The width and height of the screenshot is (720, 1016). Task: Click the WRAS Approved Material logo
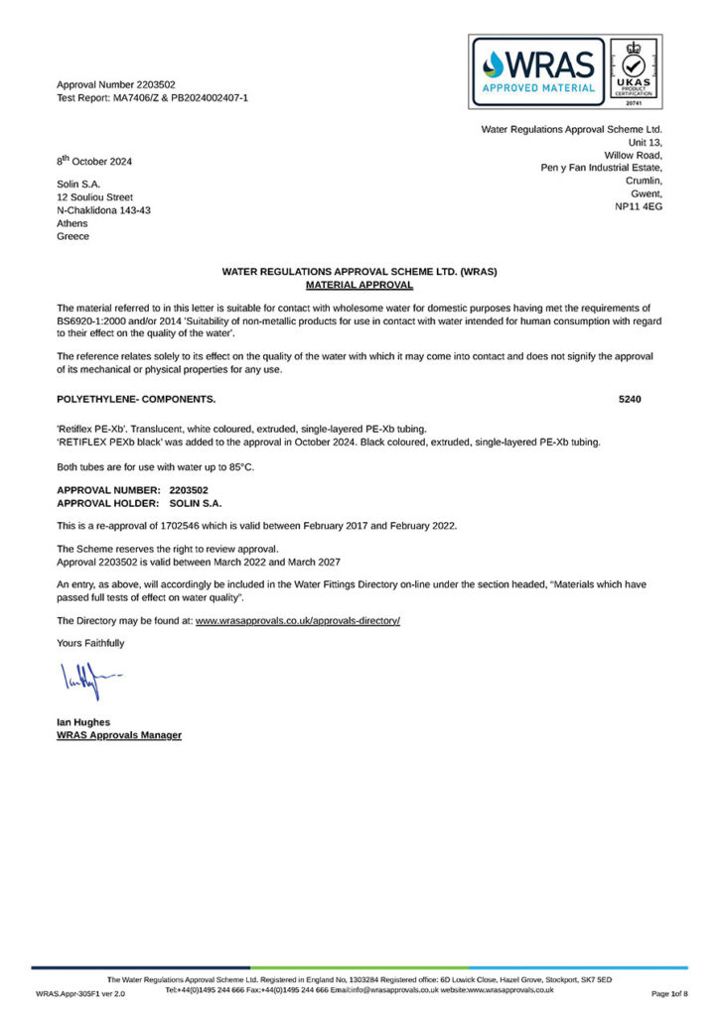point(537,71)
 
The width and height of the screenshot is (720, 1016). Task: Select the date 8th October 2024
point(94,161)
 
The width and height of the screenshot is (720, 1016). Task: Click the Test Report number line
point(152,98)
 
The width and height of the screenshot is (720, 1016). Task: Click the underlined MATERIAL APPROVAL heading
point(360,284)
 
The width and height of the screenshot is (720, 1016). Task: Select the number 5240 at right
point(630,399)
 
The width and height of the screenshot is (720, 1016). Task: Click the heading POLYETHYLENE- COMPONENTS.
point(136,399)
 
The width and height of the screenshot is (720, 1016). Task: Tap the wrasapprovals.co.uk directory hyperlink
point(297,620)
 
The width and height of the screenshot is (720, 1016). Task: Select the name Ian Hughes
point(84,722)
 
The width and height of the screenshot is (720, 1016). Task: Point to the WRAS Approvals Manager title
point(119,735)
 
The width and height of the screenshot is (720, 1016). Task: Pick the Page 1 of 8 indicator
point(669,993)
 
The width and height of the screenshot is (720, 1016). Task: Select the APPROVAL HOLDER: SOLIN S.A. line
point(139,503)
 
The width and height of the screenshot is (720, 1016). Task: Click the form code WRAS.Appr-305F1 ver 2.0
point(80,993)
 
